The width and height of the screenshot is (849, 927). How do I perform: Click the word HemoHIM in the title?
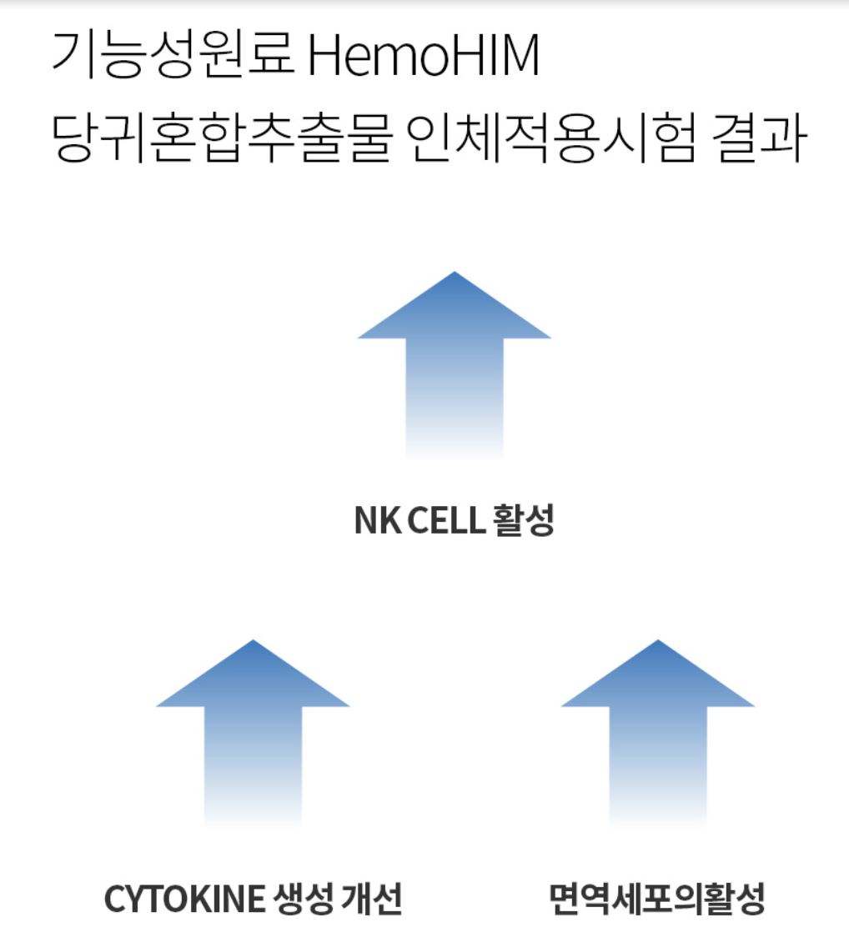point(424,57)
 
